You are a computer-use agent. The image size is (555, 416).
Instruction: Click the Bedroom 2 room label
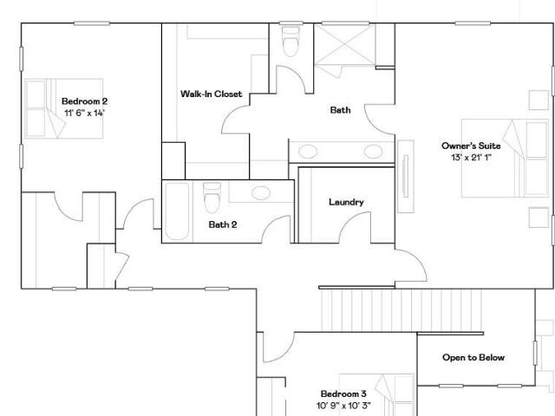85,101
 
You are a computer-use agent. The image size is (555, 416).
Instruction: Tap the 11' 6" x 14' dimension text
85,114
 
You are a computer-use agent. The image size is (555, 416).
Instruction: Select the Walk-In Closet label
212,94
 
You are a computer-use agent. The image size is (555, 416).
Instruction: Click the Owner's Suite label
471,146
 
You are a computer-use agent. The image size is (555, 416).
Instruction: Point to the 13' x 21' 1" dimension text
471,158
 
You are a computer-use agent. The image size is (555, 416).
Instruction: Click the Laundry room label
346,202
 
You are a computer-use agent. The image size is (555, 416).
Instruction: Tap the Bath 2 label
223,224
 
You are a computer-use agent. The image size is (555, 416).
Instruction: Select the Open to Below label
473,357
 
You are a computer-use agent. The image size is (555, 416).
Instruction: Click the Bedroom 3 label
343,393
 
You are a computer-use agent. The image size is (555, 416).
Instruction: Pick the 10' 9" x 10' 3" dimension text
343,406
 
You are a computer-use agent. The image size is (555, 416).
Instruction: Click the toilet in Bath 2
212,198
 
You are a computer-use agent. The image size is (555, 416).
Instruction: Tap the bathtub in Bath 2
177,211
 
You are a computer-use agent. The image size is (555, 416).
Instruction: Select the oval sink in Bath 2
261,193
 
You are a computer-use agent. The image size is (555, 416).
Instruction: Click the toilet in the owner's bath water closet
291,42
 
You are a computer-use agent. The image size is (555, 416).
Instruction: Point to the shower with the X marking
344,44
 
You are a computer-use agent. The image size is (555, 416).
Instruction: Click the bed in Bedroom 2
64,108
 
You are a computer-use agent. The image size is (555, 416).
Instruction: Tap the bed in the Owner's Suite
505,158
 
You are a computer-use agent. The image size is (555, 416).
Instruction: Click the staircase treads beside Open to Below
402,310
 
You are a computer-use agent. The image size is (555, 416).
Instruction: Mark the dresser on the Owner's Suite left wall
406,177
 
